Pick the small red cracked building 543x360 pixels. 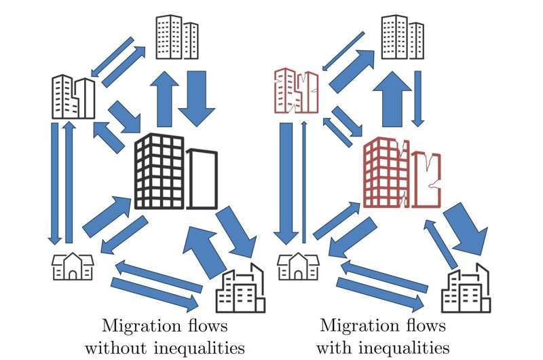(x=297, y=91)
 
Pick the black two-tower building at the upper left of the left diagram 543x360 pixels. (x=73, y=97)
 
